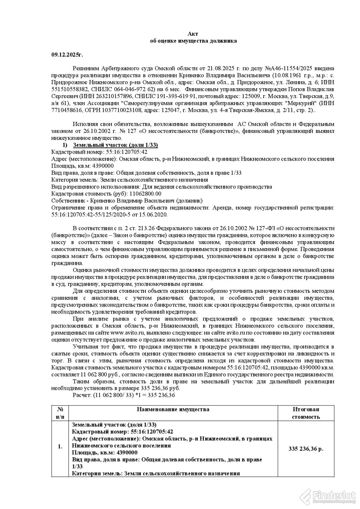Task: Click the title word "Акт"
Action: (x=193, y=34)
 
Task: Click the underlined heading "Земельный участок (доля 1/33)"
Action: (x=115, y=145)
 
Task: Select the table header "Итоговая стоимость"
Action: (x=306, y=413)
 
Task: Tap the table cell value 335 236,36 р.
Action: (x=306, y=449)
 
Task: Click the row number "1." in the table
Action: (x=60, y=446)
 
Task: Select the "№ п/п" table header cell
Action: (x=60, y=413)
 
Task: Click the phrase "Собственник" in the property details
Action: (x=67, y=201)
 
